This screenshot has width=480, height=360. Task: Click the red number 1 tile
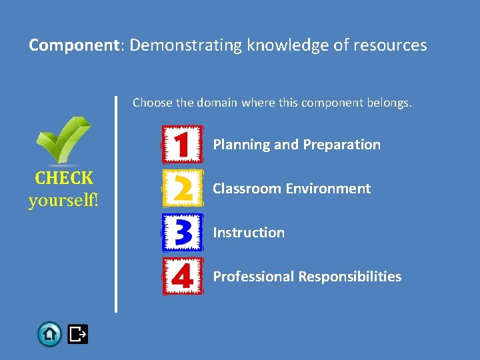(x=183, y=144)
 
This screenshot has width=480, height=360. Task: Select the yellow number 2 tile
(x=183, y=188)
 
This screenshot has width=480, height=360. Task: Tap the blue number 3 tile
(x=183, y=232)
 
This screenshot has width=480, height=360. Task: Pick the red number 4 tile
(x=183, y=276)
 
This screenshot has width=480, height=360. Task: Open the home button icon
(x=49, y=333)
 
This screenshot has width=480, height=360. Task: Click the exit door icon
(x=78, y=333)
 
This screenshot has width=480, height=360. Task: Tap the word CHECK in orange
(x=64, y=178)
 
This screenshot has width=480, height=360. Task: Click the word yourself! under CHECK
(x=63, y=200)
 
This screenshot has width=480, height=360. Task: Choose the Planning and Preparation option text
(x=297, y=145)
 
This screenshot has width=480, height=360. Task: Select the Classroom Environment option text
(x=291, y=189)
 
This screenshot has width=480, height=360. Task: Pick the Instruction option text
(x=249, y=233)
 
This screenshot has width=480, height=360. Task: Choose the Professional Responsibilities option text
(x=307, y=277)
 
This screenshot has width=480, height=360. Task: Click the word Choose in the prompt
(x=148, y=103)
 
